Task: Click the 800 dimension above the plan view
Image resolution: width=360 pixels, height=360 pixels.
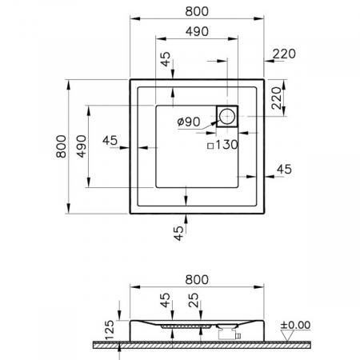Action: click(197, 11)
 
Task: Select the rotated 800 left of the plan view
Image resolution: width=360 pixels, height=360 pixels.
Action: click(62, 146)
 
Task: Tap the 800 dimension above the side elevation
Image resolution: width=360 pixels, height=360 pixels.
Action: click(197, 279)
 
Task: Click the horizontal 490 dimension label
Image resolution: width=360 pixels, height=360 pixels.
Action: click(197, 31)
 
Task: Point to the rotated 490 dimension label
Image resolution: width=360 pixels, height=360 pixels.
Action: click(82, 146)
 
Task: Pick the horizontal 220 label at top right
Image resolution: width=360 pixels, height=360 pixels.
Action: click(284, 54)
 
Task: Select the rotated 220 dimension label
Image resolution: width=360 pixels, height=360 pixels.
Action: click(277, 98)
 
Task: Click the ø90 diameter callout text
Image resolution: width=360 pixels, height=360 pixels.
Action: click(189, 122)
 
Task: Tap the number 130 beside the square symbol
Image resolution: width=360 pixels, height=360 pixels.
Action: click(226, 145)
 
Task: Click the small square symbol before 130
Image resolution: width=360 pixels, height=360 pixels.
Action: click(210, 146)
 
